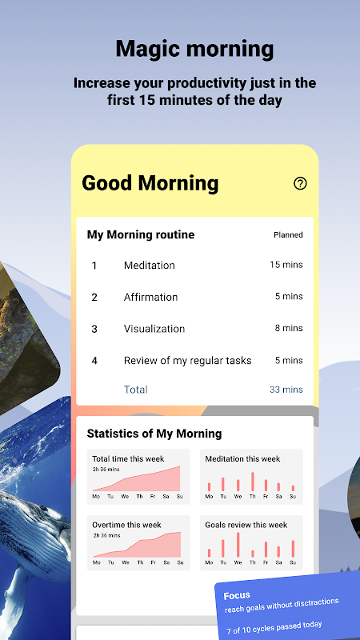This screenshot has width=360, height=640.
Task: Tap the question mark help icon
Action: click(300, 184)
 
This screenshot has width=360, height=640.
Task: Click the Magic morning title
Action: click(194, 49)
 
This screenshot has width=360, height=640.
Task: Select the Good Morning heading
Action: click(150, 183)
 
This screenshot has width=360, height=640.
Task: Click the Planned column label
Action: click(288, 234)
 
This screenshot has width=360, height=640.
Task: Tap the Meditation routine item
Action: click(150, 266)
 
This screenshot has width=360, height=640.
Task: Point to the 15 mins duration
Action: click(286, 265)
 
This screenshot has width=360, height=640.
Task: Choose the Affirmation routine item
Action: click(150, 297)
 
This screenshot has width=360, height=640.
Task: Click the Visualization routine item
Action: click(154, 329)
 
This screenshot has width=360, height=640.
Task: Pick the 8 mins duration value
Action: click(289, 328)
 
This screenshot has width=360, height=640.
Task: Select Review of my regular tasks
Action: click(188, 361)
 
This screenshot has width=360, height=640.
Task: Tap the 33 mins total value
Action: click(286, 390)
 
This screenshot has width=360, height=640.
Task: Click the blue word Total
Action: click(135, 390)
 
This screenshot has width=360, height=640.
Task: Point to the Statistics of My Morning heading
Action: click(154, 434)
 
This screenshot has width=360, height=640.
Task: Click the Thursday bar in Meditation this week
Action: click(253, 482)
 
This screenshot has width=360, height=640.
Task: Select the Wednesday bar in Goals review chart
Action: click(238, 545)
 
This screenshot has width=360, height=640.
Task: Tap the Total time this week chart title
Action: click(128, 458)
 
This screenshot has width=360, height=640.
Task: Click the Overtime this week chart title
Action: click(126, 525)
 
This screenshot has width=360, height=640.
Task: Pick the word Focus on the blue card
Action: click(237, 595)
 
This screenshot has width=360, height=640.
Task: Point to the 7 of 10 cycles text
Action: click(274, 627)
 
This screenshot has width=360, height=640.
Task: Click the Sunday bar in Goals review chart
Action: click(293, 549)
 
